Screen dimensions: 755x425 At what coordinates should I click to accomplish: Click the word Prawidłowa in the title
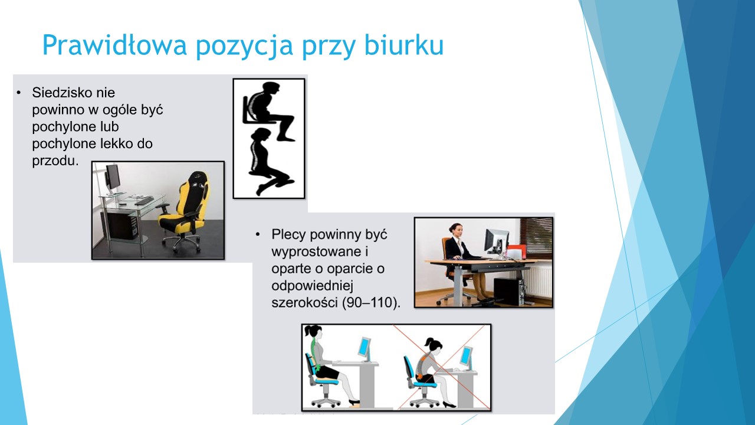point(114,45)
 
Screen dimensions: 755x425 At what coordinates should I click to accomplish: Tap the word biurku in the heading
point(404,45)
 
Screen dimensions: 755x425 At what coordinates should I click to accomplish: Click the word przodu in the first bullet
point(55,161)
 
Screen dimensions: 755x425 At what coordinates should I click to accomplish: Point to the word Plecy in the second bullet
point(288,235)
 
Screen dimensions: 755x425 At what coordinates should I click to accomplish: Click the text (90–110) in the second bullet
point(371,303)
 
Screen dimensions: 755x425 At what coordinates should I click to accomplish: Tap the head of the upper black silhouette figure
point(270,89)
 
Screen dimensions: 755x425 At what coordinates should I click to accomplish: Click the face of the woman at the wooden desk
point(457,230)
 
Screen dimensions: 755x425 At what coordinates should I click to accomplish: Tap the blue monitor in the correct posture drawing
point(365,348)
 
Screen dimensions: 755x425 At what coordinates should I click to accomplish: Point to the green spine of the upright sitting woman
point(315,351)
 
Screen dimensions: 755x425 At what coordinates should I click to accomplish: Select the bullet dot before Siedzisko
point(19,93)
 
